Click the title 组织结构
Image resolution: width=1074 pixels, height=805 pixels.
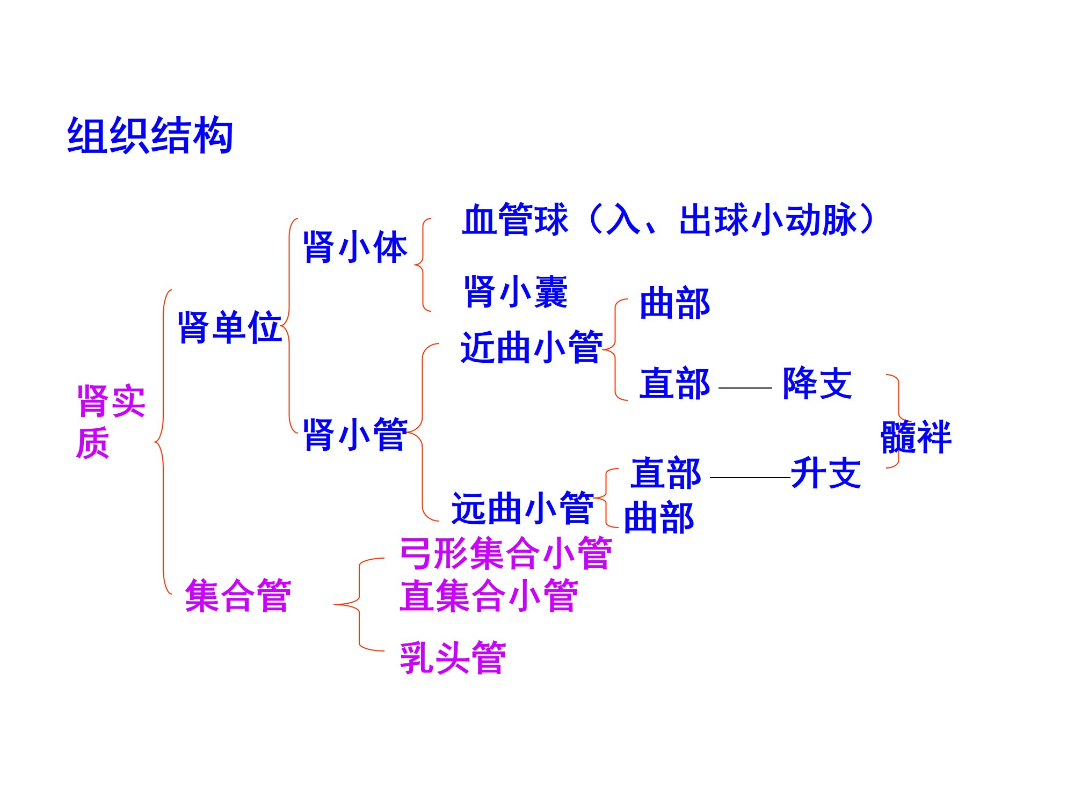coord(150,135)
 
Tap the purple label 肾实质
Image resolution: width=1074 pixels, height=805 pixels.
coord(110,422)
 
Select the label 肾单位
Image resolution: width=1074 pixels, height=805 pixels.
coord(230,327)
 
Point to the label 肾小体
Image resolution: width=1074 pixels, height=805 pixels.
coord(355,247)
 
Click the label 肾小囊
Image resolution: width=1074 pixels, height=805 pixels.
coord(516,292)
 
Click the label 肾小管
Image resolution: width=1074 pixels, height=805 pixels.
coord(355,434)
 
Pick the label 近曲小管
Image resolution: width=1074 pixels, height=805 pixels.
coord(532,347)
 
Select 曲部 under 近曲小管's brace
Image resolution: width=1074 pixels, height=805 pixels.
coord(675,303)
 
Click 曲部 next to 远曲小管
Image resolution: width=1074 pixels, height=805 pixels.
coord(659,518)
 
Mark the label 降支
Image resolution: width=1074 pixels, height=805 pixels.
coord(817,383)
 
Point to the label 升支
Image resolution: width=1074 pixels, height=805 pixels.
coord(826,473)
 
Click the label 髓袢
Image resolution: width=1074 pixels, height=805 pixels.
coord(916,437)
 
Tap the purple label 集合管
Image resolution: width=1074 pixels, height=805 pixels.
coord(238,596)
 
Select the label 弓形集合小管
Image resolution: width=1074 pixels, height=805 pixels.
coord(505,553)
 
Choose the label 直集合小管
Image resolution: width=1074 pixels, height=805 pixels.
coord(489,596)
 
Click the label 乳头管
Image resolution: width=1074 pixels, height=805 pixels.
coord(453,657)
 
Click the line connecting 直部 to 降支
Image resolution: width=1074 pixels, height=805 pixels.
coord(745,387)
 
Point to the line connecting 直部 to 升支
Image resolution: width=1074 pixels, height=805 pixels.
coord(750,477)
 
